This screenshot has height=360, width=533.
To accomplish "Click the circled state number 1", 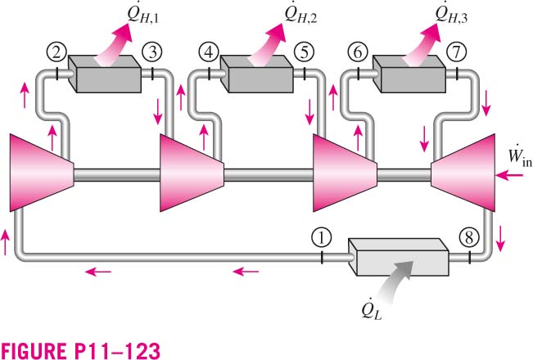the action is tap(321, 238).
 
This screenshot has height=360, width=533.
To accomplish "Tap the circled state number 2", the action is tap(56, 52).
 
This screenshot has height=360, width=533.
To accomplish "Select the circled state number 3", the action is tap(152, 52).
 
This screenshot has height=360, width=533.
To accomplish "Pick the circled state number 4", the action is tap(208, 52).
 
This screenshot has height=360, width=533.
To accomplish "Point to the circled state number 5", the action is tap(304, 52).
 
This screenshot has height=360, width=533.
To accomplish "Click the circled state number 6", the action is tap(358, 52).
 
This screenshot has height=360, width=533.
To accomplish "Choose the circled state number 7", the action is tap(456, 52).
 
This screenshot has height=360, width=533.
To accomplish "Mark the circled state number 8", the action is tap(469, 237).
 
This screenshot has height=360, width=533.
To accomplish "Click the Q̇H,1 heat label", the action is tap(143, 15).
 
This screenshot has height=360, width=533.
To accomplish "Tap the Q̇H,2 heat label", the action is tap(300, 15).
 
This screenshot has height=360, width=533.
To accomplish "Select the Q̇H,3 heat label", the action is tap(452, 15).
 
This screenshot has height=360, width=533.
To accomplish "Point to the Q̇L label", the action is tap(372, 309).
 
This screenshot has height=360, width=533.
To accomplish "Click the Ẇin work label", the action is tap(519, 156).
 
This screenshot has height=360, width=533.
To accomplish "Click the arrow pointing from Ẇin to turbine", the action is tap(509, 175).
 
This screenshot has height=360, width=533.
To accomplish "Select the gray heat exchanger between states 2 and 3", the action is tap(105, 74).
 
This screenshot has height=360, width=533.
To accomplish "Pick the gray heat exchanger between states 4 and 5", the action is tap(256, 74).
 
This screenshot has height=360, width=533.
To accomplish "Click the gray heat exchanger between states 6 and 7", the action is tap(409, 74).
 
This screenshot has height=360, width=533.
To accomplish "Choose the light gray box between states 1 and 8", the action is tap(398, 257).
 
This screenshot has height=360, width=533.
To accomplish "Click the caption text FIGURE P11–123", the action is tap(80, 350).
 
